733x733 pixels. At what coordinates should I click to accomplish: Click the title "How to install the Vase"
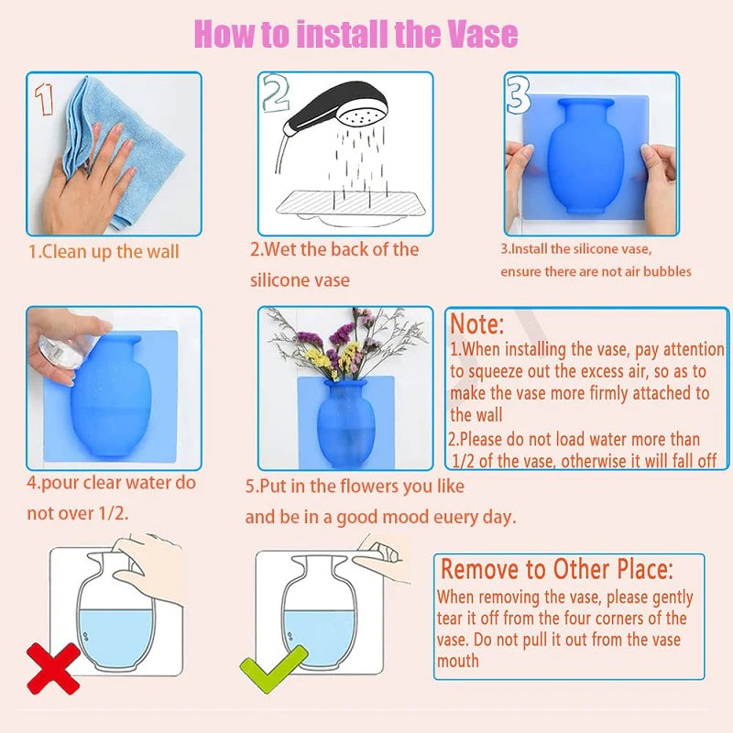[356, 34]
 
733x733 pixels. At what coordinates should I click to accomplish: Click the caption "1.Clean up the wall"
[104, 251]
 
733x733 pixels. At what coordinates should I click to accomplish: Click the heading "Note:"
[476, 324]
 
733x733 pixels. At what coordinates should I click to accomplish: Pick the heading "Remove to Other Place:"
[569, 569]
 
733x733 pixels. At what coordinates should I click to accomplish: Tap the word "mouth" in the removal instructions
[458, 661]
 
